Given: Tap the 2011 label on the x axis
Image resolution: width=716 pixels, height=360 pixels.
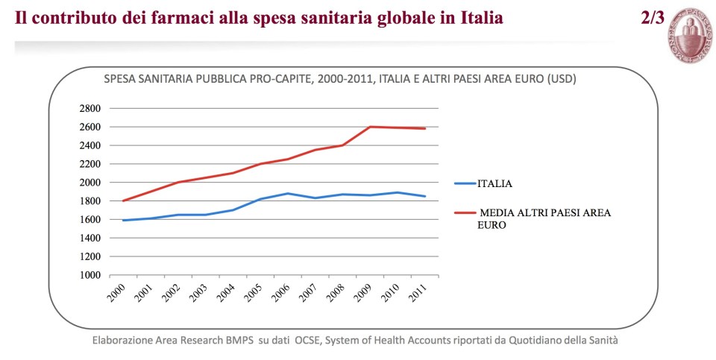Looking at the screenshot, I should coord(418,294).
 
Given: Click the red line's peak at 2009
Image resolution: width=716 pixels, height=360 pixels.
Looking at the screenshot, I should coord(371,127).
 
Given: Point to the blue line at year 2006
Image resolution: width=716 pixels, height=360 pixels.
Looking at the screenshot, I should coord(288,194).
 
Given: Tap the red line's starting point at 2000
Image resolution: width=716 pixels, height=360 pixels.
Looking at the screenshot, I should coord(123,200).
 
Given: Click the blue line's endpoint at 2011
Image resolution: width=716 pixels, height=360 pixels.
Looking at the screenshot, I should coord(425,196).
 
